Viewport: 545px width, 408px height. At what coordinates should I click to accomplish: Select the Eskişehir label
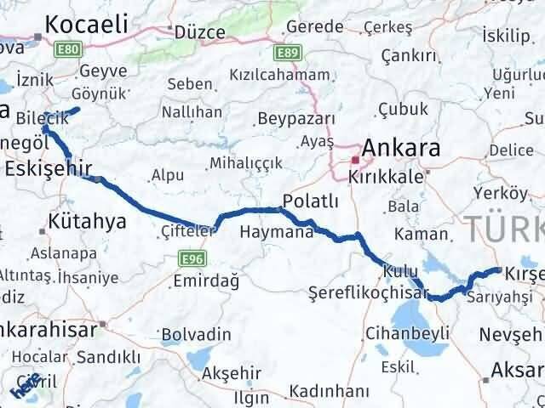(48, 169)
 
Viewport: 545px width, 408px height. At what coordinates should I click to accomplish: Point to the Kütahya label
(88, 222)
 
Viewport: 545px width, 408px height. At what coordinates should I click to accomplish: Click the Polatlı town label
(311, 201)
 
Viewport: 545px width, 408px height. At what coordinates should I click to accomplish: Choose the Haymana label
(277, 231)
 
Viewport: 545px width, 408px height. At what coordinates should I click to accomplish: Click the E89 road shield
(287, 53)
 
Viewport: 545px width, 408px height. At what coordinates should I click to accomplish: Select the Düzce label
(199, 32)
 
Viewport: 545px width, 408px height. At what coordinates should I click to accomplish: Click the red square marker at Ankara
(355, 159)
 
